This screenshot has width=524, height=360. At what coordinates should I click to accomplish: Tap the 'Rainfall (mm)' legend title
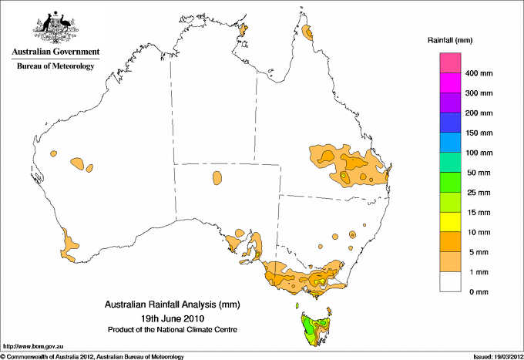(x=449, y=39)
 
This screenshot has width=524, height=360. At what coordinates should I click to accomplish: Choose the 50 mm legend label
(x=478, y=173)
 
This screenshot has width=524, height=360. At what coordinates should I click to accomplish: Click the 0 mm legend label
(x=476, y=292)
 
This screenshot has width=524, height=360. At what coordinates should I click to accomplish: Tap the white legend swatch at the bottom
(x=450, y=281)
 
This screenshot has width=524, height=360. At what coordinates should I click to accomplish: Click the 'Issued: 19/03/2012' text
(x=494, y=356)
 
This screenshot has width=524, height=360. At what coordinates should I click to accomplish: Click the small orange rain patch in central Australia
(x=217, y=178)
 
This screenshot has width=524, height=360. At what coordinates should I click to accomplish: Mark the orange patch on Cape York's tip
(x=308, y=32)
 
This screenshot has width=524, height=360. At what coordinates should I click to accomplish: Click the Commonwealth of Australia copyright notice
(x=92, y=356)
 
